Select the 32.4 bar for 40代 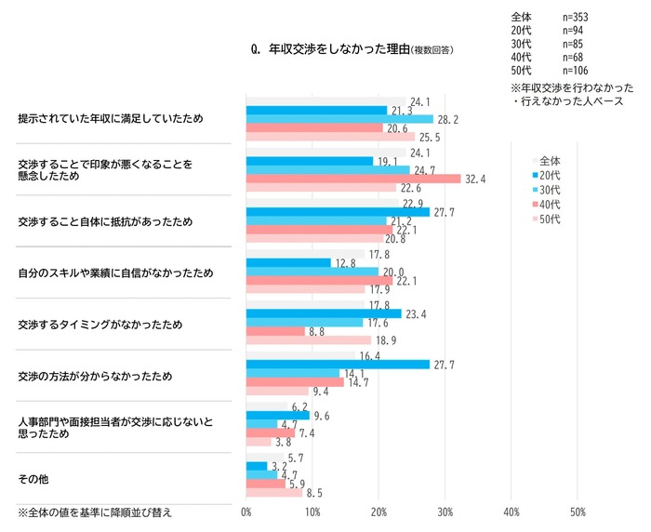pos(353,179)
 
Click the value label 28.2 pos(447,119)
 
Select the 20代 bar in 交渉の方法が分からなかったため pos(338,364)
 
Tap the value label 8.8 pos(317,331)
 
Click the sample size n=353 pos(576,17)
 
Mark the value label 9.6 pos(323,415)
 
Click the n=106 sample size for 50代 pos(576,70)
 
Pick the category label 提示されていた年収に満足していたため pos(111,119)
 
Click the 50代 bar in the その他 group pos(274,493)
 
